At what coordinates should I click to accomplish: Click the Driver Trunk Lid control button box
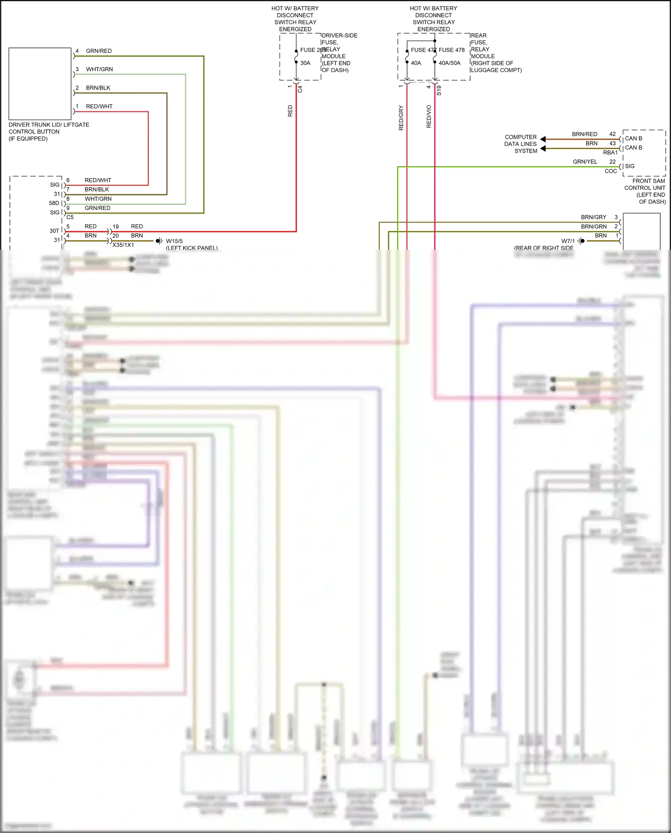tap(40, 84)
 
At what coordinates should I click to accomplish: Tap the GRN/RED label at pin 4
tap(99, 51)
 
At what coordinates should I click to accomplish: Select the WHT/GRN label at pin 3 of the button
tap(99, 69)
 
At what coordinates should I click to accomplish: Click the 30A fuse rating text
tap(305, 63)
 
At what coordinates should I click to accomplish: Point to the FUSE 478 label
tap(451, 50)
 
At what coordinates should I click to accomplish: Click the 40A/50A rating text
tap(449, 63)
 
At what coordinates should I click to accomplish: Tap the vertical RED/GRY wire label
tap(401, 118)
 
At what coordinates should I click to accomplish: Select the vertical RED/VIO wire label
tap(429, 116)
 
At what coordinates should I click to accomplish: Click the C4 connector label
tap(300, 89)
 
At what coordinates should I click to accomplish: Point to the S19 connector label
tap(439, 90)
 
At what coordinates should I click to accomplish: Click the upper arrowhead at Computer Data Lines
tap(543, 139)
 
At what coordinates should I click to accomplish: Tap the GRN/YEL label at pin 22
tap(585, 162)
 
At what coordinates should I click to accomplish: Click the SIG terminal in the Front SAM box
tap(629, 166)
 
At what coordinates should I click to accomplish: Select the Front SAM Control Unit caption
tap(645, 191)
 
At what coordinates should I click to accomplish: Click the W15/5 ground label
tap(174, 241)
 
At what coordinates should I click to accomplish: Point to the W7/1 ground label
tap(568, 241)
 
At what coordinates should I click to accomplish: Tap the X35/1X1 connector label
tap(123, 245)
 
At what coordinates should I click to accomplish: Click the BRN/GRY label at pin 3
tap(593, 217)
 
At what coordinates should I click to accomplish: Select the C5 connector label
tap(70, 217)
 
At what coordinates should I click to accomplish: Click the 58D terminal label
tap(54, 203)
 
